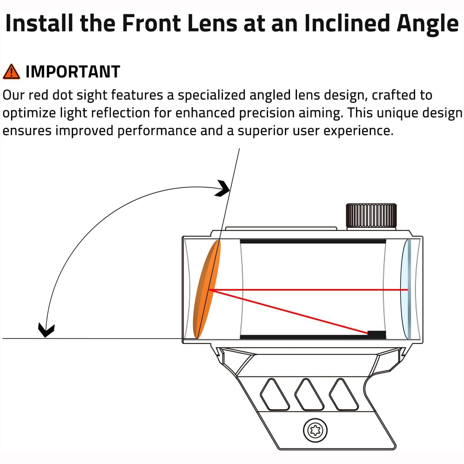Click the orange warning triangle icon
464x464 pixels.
pos(11,72)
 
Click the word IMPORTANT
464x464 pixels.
pos(73,72)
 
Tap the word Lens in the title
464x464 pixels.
pos(214,23)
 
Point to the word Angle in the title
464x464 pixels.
pos(428,25)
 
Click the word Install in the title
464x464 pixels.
pos(39,23)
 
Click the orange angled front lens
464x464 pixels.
pos(207,289)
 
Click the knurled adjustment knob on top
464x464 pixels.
pos(371,216)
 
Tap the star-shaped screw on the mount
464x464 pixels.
pos(315,430)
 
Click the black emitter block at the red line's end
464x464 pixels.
pos(376,335)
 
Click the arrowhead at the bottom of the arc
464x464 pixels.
pos(46,330)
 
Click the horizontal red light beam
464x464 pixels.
pos(309,290)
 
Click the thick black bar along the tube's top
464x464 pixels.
pos(313,241)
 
